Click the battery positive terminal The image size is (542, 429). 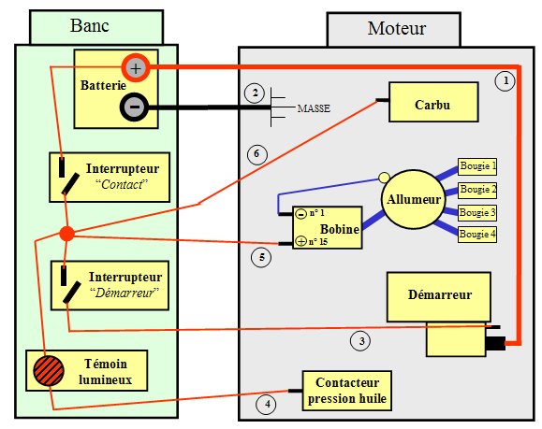click(136, 67)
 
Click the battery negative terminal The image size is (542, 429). click(135, 107)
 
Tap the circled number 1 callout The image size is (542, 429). click(505, 80)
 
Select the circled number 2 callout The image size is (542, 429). click(255, 93)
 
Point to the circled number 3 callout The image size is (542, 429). click(361, 341)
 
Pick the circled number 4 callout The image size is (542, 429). click(267, 404)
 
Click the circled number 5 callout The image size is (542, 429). click(261, 257)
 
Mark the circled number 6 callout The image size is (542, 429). click(256, 154)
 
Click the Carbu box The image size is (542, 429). click(433, 102)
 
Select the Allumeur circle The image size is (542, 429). click(413, 199)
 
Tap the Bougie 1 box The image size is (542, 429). click(477, 166)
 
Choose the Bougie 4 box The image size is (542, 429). click(477, 235)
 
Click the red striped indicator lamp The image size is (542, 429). click(49, 371)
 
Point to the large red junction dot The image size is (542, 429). click(66, 234)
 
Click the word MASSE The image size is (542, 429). click(314, 108)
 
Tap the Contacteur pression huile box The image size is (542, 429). click(346, 391)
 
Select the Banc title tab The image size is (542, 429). click(96, 27)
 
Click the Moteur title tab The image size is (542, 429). click(394, 29)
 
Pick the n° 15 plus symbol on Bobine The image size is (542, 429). click(301, 241)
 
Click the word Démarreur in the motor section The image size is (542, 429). click(440, 294)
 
